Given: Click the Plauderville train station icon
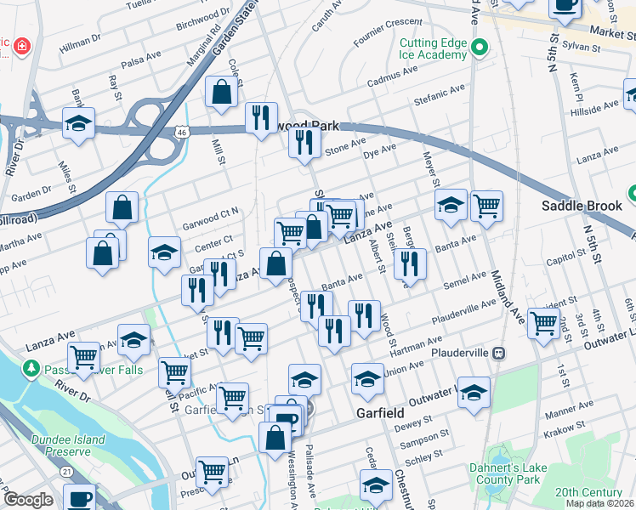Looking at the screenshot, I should click(501, 352).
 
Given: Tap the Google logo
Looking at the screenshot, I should click(28, 500).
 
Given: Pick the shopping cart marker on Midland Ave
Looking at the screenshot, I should click(486, 205).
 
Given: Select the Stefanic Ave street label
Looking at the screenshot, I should click(440, 88).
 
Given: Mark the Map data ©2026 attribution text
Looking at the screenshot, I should click(599, 503).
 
